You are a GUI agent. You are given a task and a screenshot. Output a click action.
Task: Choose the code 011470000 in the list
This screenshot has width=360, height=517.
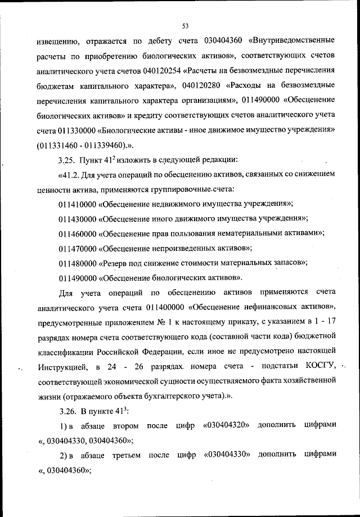point(77,248)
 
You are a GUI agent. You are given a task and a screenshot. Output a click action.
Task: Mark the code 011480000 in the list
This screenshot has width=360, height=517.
point(77,263)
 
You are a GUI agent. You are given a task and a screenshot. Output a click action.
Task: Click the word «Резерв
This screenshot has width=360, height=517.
point(115,263)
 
